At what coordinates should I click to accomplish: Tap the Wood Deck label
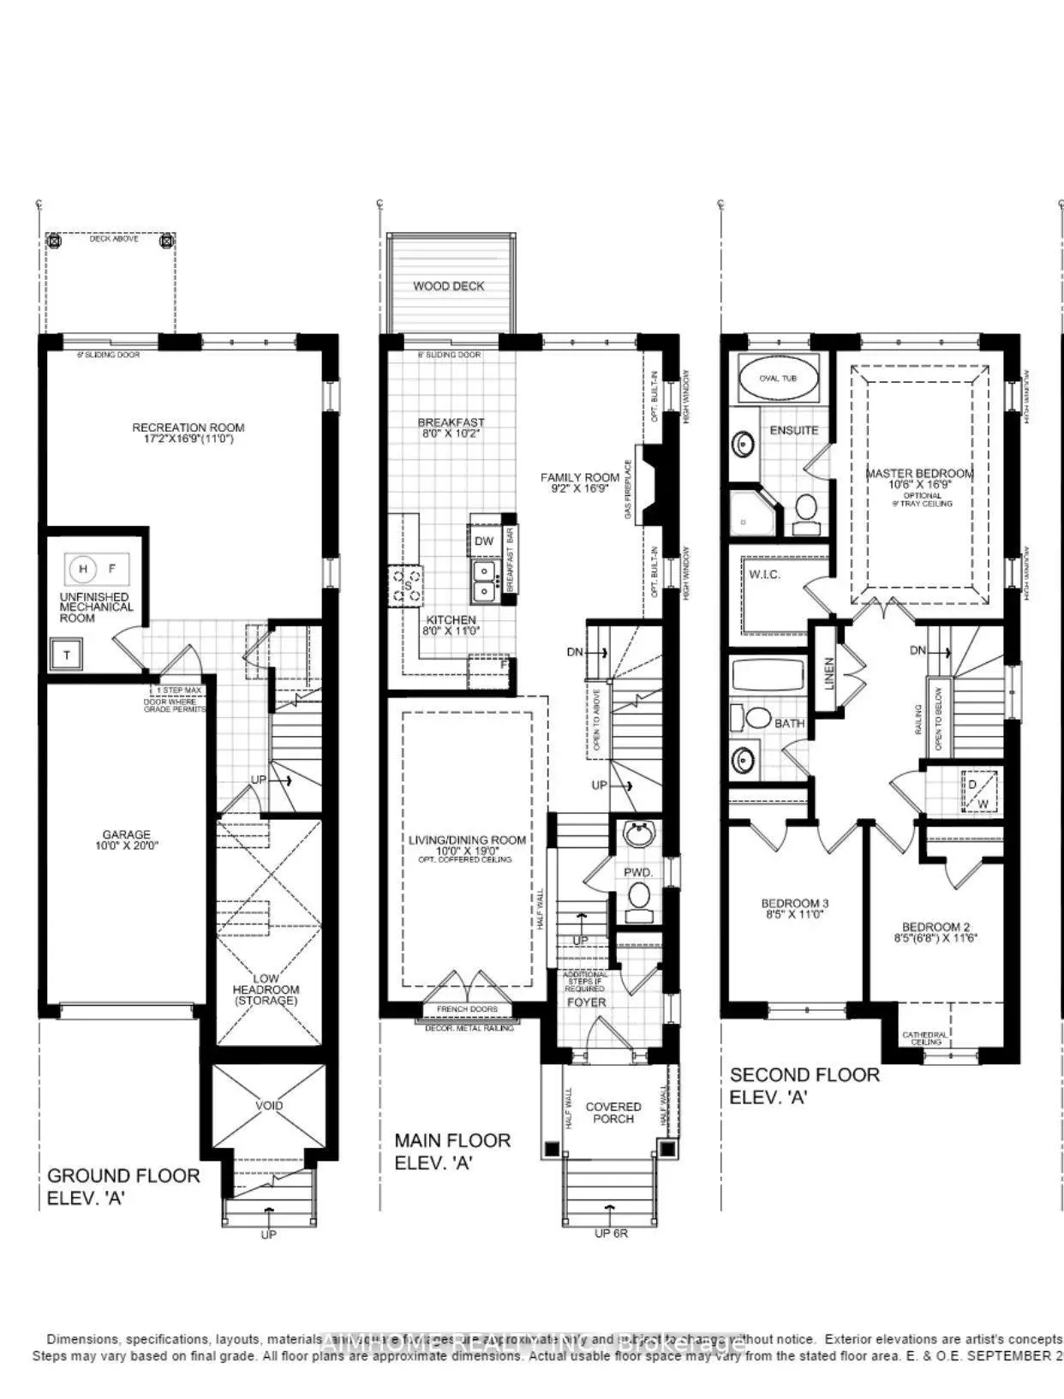[x=449, y=286]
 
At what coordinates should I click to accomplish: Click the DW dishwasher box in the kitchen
[x=484, y=541]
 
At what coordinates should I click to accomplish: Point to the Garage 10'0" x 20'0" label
[x=126, y=839]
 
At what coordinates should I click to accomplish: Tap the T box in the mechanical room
[x=67, y=656]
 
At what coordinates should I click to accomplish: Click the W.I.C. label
[x=764, y=574]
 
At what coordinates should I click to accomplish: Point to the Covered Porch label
[x=613, y=1112]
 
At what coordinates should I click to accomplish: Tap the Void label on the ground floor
[x=269, y=1105]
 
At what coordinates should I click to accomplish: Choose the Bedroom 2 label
[x=936, y=932]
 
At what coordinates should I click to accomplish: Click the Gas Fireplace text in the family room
[x=628, y=490]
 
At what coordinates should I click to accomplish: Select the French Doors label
[x=467, y=1009]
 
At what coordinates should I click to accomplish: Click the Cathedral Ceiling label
[x=925, y=1038]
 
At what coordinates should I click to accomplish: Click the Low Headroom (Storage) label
[x=266, y=989]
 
